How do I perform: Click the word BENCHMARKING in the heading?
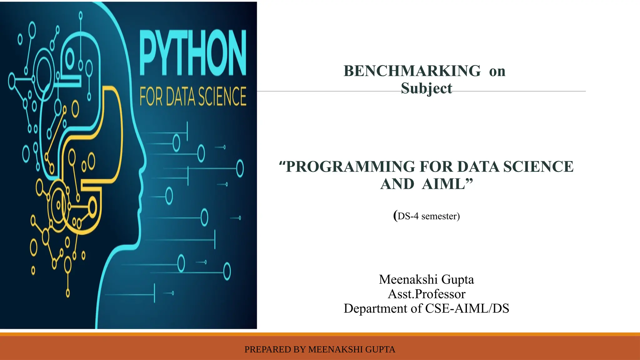(x=412, y=71)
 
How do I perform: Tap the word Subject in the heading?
(x=427, y=88)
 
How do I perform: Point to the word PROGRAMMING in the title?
(x=350, y=167)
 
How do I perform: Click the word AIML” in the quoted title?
(x=447, y=184)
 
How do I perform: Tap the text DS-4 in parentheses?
(x=408, y=216)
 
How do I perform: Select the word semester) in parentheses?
(x=441, y=216)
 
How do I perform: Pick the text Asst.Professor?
(x=427, y=294)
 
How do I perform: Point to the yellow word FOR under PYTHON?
(x=151, y=97)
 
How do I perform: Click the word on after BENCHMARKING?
(x=497, y=72)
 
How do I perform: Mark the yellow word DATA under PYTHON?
(x=180, y=97)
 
